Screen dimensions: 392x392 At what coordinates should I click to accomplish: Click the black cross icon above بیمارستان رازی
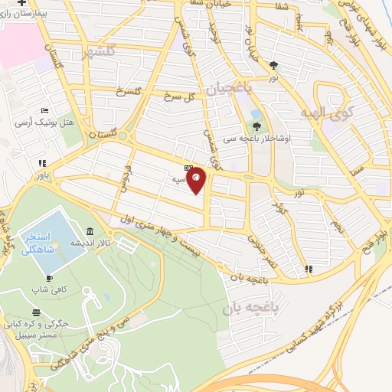point(32,3)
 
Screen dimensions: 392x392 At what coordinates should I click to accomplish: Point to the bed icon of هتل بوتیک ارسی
point(44,111)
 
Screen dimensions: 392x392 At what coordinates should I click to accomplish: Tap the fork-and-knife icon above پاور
point(41,162)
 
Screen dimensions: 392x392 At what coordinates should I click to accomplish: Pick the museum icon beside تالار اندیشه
point(91,231)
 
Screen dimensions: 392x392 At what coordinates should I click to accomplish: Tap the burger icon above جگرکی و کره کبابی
point(38,312)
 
